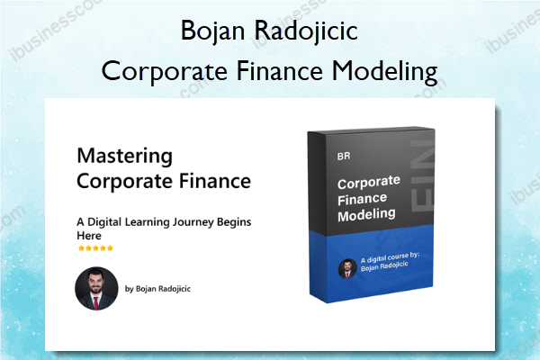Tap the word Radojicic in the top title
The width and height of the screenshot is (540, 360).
[x=306, y=31]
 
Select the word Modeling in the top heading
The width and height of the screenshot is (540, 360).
[x=384, y=72]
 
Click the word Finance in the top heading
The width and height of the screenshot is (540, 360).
[x=279, y=70]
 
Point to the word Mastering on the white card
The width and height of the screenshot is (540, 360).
[x=125, y=157]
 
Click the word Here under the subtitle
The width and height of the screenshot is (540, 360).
[x=89, y=236]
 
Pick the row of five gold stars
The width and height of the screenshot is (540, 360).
[x=95, y=248]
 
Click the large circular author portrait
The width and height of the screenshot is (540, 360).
[x=96, y=288]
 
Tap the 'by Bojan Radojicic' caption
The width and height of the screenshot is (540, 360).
[x=157, y=289]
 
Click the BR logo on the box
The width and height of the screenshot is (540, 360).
[x=344, y=157]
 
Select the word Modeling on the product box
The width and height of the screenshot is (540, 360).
[x=366, y=215]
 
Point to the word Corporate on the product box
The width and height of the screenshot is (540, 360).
[x=368, y=183]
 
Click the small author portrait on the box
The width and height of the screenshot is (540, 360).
[x=347, y=269]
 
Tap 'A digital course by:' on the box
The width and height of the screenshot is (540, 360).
[x=390, y=257]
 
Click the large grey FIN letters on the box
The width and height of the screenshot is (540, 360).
[x=422, y=175]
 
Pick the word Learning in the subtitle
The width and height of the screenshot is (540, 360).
[x=147, y=222]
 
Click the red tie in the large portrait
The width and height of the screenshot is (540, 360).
[x=97, y=302]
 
